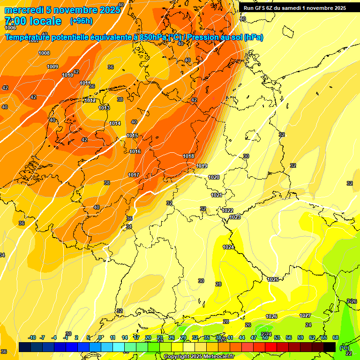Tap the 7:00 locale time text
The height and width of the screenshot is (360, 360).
pyautogui.click(x=33, y=21)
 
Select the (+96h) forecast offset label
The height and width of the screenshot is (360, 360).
pyautogui.click(x=81, y=21)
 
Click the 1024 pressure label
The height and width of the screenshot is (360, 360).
pyautogui.click(x=228, y=247)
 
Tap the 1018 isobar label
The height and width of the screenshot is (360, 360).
pyautogui.click(x=188, y=156)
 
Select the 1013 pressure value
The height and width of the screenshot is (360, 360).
pyautogui.click(x=104, y=108)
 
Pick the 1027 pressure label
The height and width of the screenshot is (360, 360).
pyautogui.click(x=305, y=315)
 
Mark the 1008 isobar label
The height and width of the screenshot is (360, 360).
pyautogui.click(x=44, y=53)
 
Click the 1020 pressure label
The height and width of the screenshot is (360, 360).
pyautogui.click(x=214, y=177)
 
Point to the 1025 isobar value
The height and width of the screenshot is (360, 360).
pyautogui.click(x=273, y=279)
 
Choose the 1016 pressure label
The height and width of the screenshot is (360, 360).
pyautogui.click(x=135, y=151)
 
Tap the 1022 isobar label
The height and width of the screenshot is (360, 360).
pyautogui.click(x=228, y=210)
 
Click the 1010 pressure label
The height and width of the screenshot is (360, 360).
pyautogui.click(x=67, y=75)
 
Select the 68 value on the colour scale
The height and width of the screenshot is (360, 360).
pyautogui.click(x=336, y=337)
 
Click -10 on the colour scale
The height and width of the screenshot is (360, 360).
pyautogui.click(x=32, y=337)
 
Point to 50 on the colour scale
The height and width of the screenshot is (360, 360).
pyautogui.click(x=265, y=337)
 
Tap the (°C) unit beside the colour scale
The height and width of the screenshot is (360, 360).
pyautogui.click(x=344, y=347)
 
